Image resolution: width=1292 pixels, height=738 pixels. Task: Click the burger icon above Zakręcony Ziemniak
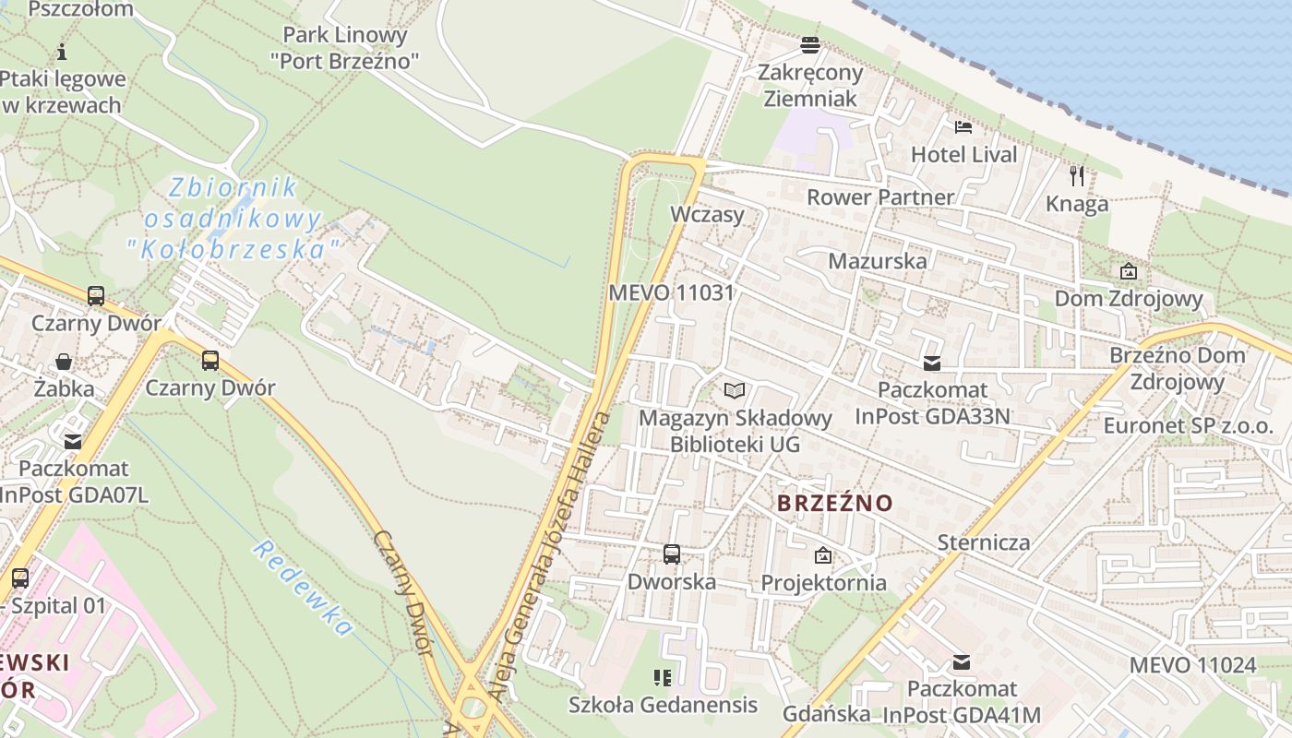pyautogui.click(x=810, y=44)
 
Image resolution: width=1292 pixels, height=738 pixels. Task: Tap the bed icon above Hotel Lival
pyautogui.click(x=963, y=126)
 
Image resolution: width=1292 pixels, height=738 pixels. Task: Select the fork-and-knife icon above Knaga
pyautogui.click(x=1077, y=175)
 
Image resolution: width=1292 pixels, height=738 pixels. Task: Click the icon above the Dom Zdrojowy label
pyautogui.click(x=1128, y=271)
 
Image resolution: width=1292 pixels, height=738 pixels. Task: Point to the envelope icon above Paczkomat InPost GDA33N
pyautogui.click(x=932, y=363)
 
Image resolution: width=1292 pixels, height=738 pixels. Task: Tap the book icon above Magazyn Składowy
pyautogui.click(x=735, y=391)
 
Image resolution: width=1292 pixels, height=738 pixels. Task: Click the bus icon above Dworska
pyautogui.click(x=672, y=554)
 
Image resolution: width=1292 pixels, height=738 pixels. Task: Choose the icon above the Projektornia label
pyautogui.click(x=823, y=555)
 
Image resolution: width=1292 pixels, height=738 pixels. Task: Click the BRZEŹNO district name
pyautogui.click(x=835, y=503)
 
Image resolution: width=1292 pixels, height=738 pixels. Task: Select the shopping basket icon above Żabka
pyautogui.click(x=64, y=361)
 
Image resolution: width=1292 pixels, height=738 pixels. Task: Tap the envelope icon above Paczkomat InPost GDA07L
pyautogui.click(x=73, y=442)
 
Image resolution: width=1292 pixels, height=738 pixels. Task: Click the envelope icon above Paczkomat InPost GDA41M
pyautogui.click(x=962, y=661)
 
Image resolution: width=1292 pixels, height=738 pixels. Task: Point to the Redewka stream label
pyautogui.click(x=304, y=588)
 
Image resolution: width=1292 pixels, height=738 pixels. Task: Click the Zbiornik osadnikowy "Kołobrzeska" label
pyautogui.click(x=234, y=219)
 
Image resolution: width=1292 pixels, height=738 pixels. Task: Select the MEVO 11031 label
pyautogui.click(x=671, y=293)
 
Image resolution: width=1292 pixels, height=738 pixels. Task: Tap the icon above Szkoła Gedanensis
pyautogui.click(x=662, y=678)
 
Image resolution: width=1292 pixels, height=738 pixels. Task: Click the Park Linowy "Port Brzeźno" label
pyautogui.click(x=345, y=48)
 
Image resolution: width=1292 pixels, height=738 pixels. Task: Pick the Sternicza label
pyautogui.click(x=984, y=542)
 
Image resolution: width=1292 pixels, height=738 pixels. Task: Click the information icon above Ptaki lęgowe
pyautogui.click(x=62, y=51)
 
